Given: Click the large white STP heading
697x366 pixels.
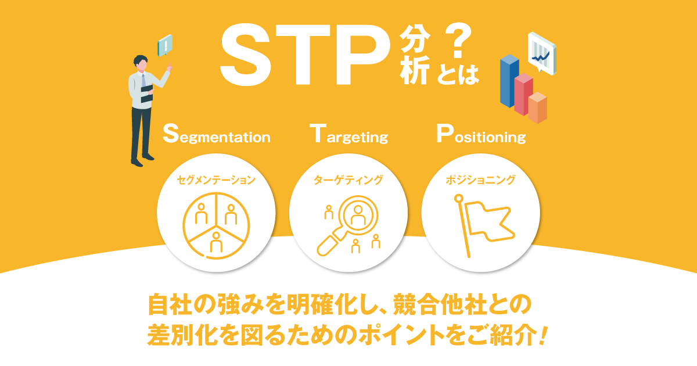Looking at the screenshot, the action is click(304, 55).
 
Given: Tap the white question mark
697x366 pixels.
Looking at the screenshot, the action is click(458, 41).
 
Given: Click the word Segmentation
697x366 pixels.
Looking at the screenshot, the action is click(217, 134).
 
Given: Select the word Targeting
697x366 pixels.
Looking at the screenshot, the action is click(349, 134).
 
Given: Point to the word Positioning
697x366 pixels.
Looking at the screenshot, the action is click(481, 134).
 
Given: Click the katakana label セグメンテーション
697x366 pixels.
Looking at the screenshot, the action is click(216, 180).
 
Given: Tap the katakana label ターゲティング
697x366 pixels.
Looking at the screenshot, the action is click(348, 180).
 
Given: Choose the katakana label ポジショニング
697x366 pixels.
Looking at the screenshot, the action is click(480, 180).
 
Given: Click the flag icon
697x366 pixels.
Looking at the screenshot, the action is click(484, 225).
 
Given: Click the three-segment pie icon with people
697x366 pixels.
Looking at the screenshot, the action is click(216, 225).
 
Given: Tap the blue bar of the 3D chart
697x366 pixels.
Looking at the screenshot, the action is click(509, 81).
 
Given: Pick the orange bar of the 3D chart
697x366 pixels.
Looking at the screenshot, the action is click(538, 107).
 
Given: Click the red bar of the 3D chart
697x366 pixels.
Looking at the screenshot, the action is click(523, 94).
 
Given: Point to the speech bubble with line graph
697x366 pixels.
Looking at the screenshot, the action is click(542, 53).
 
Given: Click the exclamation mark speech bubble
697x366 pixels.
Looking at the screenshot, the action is click(165, 45).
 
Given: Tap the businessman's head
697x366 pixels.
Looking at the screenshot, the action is click(141, 63).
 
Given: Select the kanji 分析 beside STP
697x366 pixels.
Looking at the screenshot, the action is click(415, 55).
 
